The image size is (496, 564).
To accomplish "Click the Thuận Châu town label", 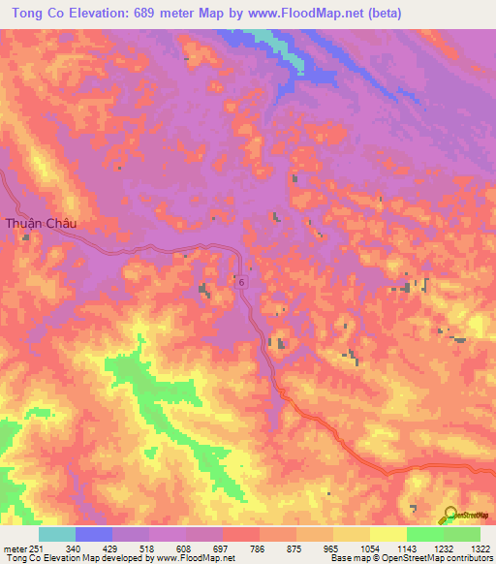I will coord(40,223).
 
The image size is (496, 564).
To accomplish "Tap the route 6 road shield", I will coord(240,280).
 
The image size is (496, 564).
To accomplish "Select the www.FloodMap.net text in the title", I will coord(298,13).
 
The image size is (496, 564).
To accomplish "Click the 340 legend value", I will coord(74,548).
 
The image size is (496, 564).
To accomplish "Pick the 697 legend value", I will coord(221,548).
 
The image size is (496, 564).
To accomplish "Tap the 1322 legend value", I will coord(479,548).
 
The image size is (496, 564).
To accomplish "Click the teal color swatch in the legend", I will coord(57,534).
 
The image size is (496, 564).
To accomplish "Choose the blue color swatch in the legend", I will coord(94,534).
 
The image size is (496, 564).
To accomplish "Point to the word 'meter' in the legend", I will coord(13,548).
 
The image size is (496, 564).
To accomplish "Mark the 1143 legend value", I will coord(405,548).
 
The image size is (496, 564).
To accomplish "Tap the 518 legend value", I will coord(147,548).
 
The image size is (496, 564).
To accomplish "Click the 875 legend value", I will coord(294,548).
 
